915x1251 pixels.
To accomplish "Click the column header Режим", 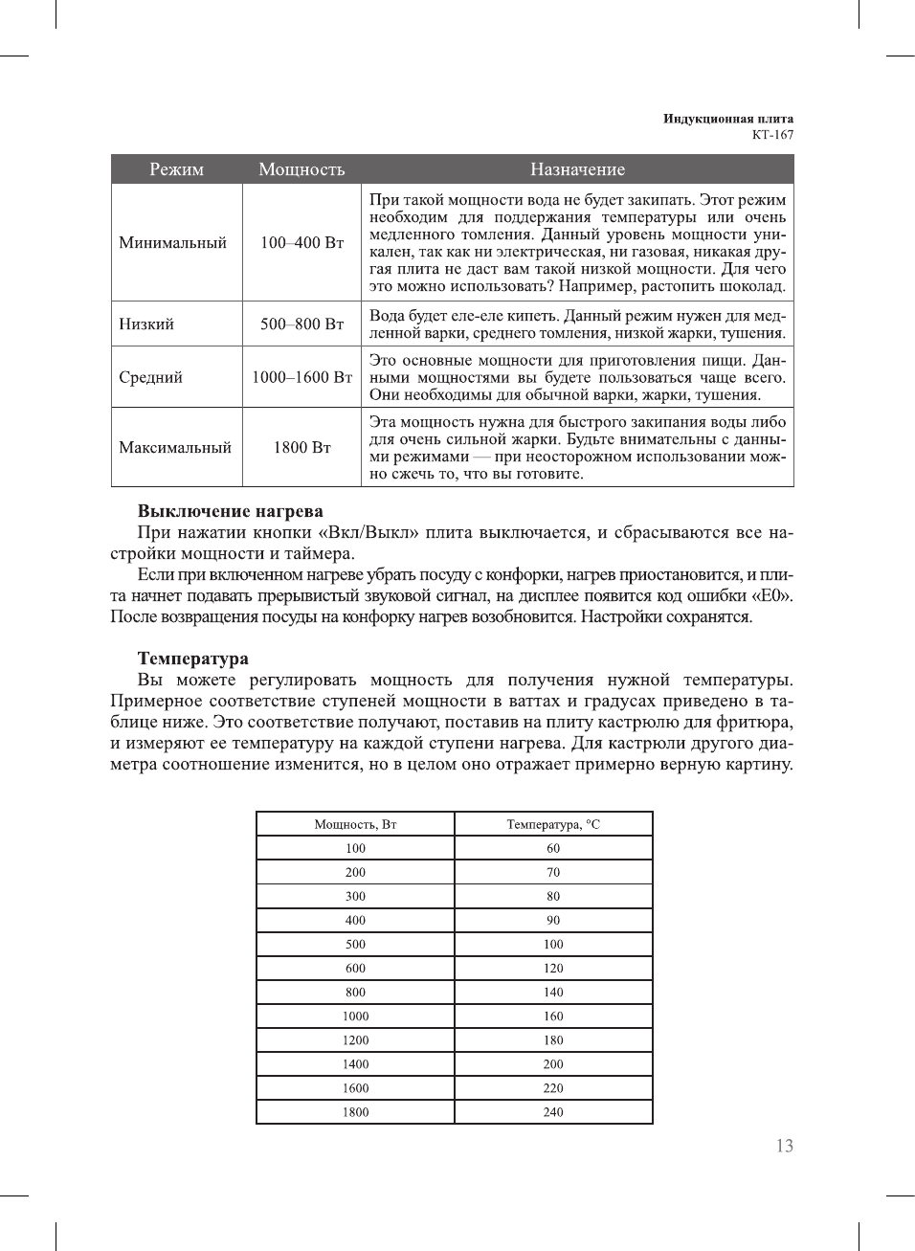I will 176,169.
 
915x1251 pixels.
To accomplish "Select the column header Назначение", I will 577,169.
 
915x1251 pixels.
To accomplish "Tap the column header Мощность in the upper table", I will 301,169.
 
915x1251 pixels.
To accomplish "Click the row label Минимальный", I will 173,242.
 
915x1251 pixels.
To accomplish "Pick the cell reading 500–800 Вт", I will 301,324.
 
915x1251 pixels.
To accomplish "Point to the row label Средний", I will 151,377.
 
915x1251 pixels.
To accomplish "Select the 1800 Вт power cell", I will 301,447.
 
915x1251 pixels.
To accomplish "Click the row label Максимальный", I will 175,447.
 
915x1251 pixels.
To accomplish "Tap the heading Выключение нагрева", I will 230,511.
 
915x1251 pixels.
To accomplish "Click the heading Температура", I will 192,659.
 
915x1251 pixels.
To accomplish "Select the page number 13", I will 784,1146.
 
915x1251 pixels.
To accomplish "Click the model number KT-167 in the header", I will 772,135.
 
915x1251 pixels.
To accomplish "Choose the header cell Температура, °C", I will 553,824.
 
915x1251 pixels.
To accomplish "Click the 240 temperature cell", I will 553,1112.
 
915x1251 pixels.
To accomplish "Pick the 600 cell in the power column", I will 355,968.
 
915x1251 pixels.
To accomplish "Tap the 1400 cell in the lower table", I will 355,1064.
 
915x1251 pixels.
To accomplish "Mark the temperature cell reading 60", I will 553,848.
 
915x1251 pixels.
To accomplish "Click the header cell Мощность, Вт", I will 355,824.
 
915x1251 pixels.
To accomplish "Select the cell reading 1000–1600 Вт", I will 301,377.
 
